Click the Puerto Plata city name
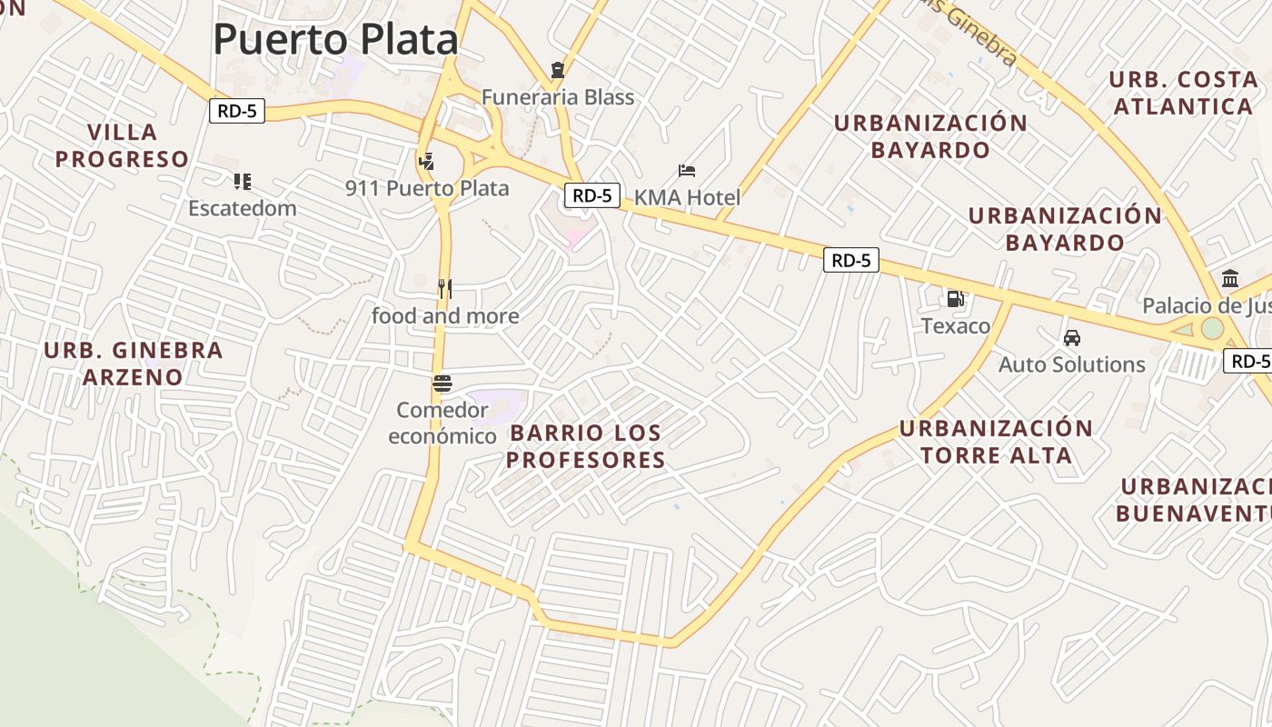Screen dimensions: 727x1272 (x=336, y=40)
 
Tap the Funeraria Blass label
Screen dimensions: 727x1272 (x=557, y=97)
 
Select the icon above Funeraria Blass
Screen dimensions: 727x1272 (x=557, y=70)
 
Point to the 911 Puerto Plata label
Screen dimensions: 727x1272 (x=427, y=189)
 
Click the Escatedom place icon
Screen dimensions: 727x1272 (x=242, y=182)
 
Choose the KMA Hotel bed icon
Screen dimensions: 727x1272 (x=688, y=171)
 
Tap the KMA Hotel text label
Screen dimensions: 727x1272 (x=687, y=197)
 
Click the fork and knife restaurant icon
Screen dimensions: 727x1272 (x=445, y=289)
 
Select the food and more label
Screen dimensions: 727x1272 (x=445, y=316)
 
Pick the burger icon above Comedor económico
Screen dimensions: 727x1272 (x=442, y=383)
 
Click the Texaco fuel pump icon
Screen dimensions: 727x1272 (x=956, y=299)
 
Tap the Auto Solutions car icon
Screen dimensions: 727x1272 (x=1072, y=338)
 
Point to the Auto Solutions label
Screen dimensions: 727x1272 (x=1072, y=364)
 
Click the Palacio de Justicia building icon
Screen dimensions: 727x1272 (x=1230, y=279)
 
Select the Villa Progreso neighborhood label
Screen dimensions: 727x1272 (x=123, y=146)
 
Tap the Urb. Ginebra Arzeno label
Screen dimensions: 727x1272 (x=134, y=363)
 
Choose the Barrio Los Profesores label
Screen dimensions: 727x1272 (x=586, y=446)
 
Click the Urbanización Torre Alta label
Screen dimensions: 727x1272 (x=997, y=442)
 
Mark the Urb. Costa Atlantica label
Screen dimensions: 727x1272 (x=1183, y=93)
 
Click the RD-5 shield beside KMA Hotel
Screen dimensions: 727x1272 (x=591, y=195)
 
